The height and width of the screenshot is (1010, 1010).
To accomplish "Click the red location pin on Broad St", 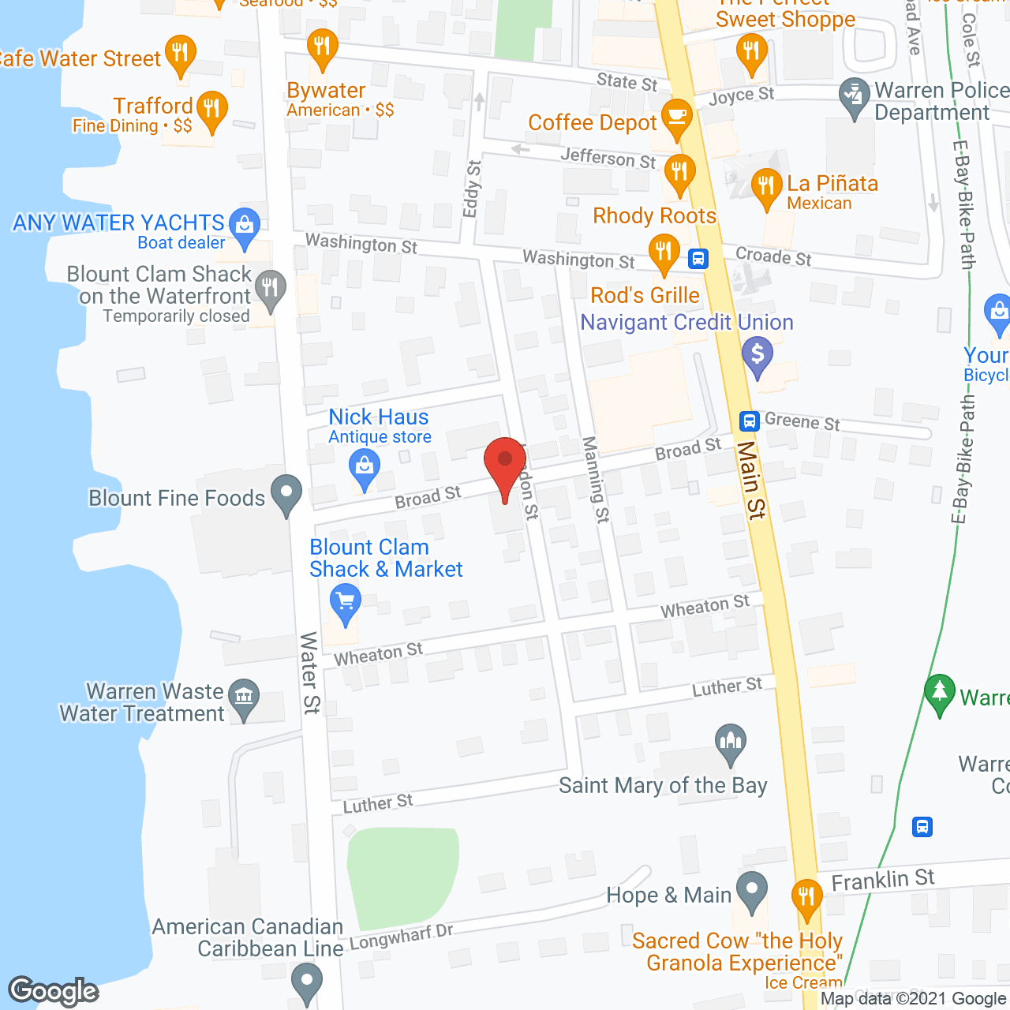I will [505, 462].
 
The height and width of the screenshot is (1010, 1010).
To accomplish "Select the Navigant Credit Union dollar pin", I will [757, 354].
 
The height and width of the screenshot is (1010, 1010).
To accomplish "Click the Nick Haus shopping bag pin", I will [365, 466].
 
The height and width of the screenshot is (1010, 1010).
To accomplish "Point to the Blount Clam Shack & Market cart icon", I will [345, 602].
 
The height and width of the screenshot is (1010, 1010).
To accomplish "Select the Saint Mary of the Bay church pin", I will [731, 742].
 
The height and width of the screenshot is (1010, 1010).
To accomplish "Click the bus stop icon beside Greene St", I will [750, 421].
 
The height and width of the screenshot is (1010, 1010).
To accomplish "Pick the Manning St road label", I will [596, 479].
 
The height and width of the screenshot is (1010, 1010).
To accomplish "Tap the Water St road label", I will [309, 672].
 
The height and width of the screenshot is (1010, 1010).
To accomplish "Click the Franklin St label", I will [883, 880].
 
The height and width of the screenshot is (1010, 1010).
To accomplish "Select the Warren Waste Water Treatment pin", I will [244, 697].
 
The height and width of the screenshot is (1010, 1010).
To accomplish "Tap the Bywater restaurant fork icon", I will [322, 47].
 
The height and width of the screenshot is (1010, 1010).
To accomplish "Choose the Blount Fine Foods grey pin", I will [286, 493].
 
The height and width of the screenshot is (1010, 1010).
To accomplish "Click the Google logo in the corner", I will [54, 991].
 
